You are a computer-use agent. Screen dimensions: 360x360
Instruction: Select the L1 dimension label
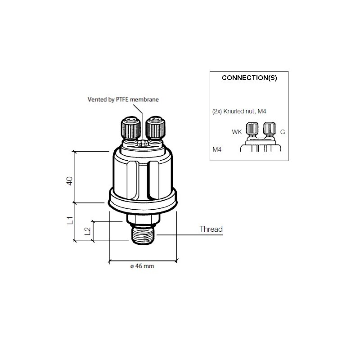(70, 220)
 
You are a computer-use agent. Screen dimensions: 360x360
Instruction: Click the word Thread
(211, 229)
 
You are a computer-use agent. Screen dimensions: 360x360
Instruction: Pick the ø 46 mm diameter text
(142, 266)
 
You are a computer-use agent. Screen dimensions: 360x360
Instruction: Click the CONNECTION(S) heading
(249, 77)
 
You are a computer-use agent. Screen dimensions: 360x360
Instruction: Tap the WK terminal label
(237, 132)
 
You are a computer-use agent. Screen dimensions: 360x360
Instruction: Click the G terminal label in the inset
(283, 132)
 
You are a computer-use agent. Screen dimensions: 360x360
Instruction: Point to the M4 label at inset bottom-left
(217, 148)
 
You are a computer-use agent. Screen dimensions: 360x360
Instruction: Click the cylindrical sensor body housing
(143, 173)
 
